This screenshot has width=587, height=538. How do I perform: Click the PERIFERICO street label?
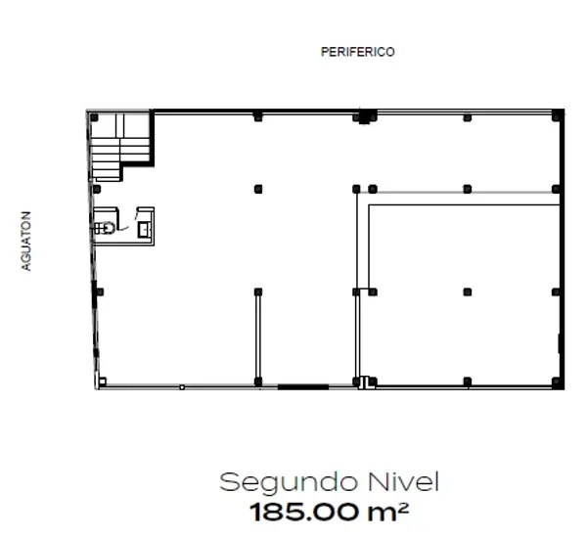(x=357, y=52)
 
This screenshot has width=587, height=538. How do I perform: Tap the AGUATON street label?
(x=25, y=241)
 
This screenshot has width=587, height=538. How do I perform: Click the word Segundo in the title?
(x=288, y=483)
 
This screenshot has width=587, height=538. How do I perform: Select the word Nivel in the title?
(x=403, y=481)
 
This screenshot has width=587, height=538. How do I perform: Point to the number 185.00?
(x=303, y=513)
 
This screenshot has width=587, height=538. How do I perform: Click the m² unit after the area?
(x=387, y=512)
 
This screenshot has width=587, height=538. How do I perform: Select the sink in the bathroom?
(x=144, y=230)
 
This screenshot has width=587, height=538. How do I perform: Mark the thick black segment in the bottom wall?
(x=303, y=386)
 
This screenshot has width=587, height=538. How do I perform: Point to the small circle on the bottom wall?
(x=182, y=387)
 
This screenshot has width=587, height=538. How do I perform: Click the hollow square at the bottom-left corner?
(x=102, y=381)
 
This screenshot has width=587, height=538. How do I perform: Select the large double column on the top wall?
(x=365, y=116)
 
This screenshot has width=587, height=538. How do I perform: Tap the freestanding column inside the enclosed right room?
(x=468, y=291)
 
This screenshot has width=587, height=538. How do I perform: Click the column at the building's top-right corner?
(x=558, y=115)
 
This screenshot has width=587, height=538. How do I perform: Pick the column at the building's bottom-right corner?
(x=558, y=382)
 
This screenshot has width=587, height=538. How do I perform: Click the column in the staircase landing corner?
(x=94, y=117)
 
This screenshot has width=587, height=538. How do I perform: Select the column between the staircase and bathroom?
(x=97, y=189)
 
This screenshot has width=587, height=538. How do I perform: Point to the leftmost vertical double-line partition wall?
(x=258, y=336)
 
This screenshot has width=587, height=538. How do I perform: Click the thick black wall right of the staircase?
(x=152, y=138)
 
